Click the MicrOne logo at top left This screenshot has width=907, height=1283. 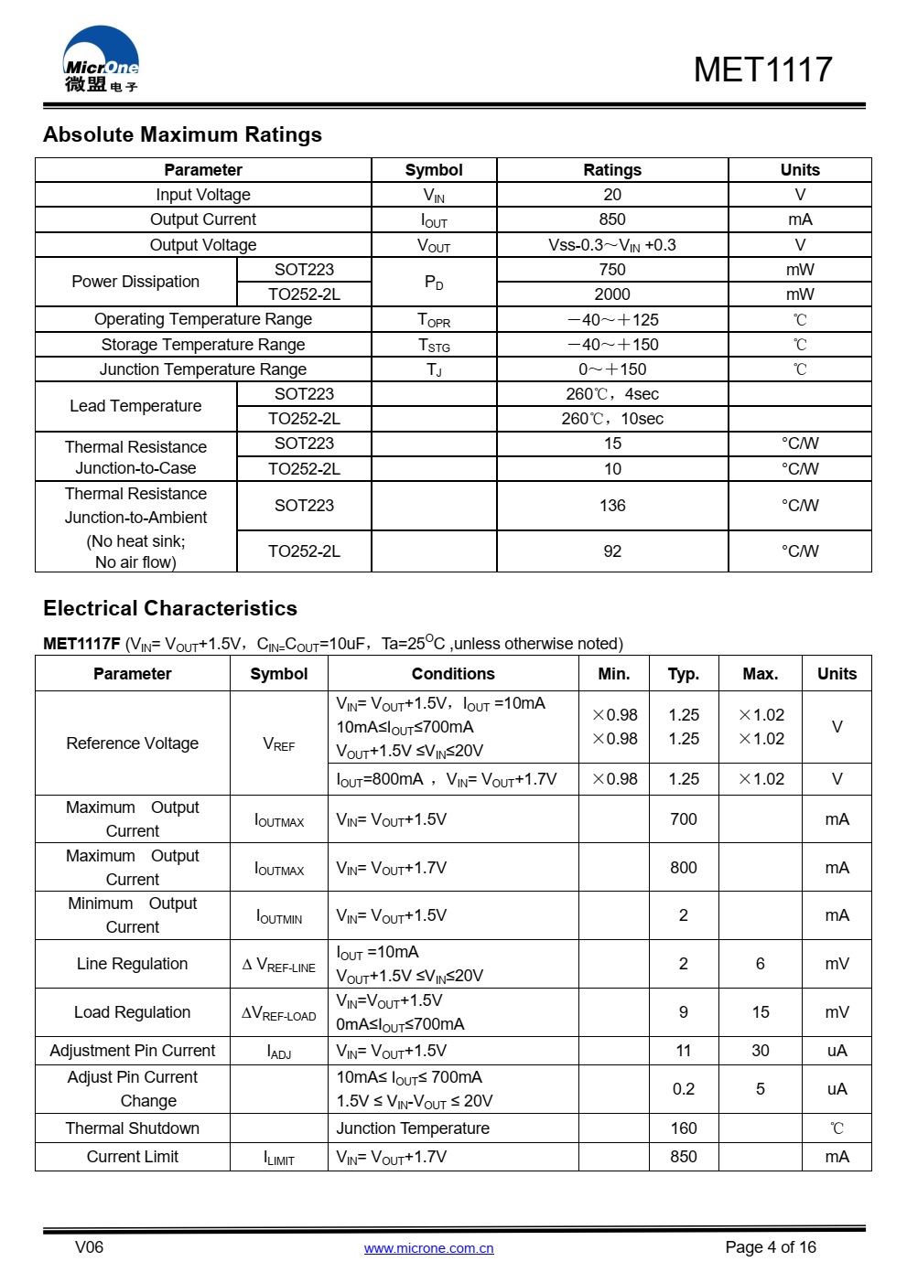click(101, 60)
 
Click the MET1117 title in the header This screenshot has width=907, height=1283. click(762, 69)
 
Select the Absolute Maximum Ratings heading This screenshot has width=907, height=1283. click(182, 134)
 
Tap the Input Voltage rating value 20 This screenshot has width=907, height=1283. click(612, 195)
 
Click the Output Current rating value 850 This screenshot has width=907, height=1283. click(612, 219)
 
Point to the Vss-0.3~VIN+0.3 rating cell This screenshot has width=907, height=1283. click(612, 245)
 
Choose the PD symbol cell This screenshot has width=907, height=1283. click(434, 283)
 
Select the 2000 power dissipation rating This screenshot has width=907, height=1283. click(612, 294)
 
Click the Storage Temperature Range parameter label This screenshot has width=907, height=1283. click(203, 345)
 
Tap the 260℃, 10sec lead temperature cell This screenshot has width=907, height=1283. click(612, 419)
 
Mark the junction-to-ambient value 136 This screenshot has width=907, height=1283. click(612, 506)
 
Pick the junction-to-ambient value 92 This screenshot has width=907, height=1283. click(612, 551)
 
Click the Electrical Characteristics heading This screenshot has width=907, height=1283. click(170, 608)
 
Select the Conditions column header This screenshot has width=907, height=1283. click(453, 674)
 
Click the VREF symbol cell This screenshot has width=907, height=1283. click(279, 744)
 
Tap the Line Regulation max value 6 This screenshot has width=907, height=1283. click(760, 964)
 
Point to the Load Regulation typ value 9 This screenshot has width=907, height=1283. click(684, 1012)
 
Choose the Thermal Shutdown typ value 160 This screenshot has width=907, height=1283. click(684, 1128)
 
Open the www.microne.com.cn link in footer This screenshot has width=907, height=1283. click(428, 1248)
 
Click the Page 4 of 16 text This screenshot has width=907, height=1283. click(770, 1247)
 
